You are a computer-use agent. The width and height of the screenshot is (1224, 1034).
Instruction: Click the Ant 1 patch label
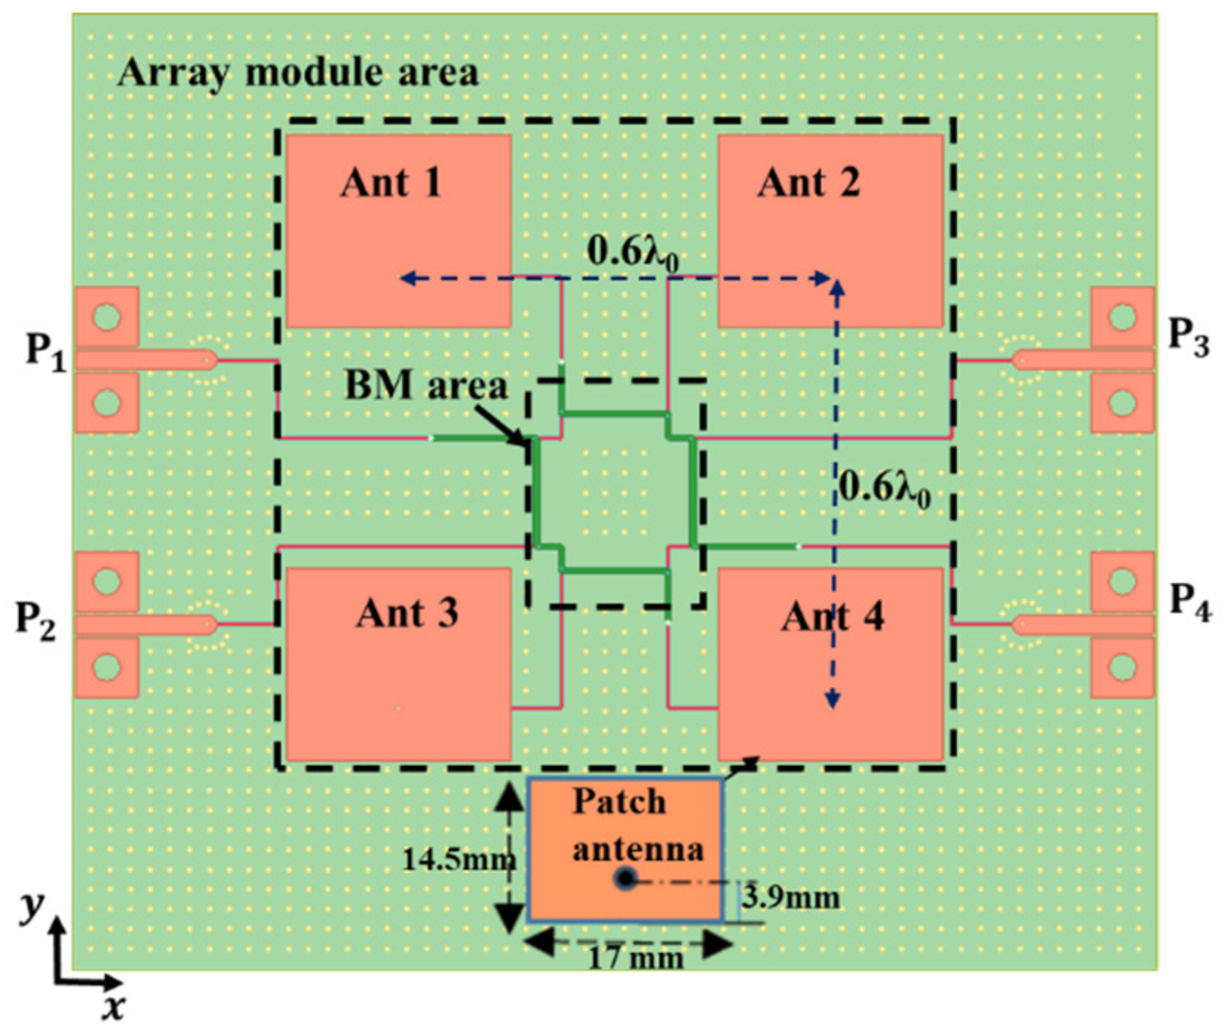click(391, 183)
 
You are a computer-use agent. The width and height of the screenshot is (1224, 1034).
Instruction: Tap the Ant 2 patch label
click(808, 183)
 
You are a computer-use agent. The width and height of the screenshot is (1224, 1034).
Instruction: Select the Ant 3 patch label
click(407, 613)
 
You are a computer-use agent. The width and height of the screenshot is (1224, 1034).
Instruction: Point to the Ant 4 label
click(833, 617)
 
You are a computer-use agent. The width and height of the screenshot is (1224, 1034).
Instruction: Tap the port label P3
click(1189, 334)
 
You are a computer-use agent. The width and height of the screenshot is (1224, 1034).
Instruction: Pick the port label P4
click(1190, 602)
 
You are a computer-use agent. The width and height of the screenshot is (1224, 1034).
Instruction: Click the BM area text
click(426, 385)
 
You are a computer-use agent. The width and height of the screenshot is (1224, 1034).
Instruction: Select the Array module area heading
click(298, 73)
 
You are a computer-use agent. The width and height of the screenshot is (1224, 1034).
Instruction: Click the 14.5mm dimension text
click(458, 859)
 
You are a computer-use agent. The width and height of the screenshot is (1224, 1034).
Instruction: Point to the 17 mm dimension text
click(636, 959)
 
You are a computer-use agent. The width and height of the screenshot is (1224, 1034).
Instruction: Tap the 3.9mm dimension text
click(790, 897)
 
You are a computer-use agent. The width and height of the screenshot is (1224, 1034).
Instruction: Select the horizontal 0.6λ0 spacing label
click(632, 253)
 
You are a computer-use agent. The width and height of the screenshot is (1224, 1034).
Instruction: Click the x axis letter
click(113, 1008)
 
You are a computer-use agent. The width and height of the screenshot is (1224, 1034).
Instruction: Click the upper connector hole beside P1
click(107, 316)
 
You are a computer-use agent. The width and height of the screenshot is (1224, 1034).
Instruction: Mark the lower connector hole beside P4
click(1123, 667)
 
